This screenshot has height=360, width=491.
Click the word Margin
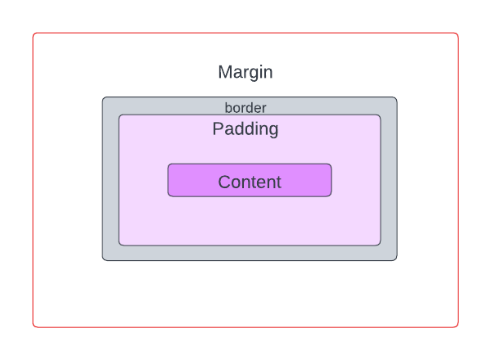pos(245,72)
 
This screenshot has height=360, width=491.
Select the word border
pos(245,107)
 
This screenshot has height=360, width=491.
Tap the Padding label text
pos(245,129)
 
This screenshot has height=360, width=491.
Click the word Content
pos(250,182)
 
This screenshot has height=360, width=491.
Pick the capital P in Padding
pos(218,129)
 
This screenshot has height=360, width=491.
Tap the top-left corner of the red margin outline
pos(34,34)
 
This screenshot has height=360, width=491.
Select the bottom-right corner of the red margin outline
pos(457,326)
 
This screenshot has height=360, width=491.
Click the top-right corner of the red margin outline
pos(457,34)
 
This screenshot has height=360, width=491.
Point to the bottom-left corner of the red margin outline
pos(34,326)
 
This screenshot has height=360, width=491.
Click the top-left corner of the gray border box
pos(103,98)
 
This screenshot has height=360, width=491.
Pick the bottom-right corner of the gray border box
pos(396,259)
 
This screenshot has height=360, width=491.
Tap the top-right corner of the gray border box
pos(396,98)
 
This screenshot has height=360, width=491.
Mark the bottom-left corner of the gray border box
pos(103,259)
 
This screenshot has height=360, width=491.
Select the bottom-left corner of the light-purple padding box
pos(119,244)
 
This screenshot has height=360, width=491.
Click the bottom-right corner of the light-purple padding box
pos(380,244)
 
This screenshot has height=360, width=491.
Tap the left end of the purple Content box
pos(169,180)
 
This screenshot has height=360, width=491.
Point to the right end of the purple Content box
pos(331,180)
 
